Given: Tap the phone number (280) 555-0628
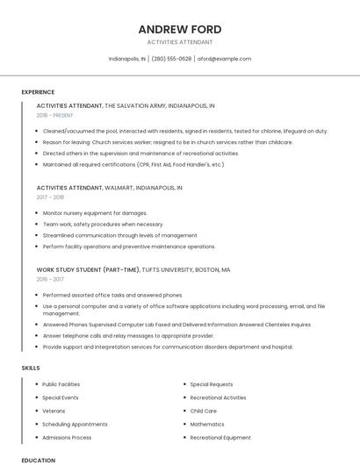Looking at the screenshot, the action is tap(171, 59).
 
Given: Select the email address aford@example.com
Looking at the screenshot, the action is tap(224, 59).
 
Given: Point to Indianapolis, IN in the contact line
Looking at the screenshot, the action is tap(127, 59).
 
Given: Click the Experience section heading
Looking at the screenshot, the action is tap(38, 92).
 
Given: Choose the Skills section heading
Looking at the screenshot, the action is tap(31, 368).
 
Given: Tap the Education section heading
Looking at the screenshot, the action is tap(38, 460).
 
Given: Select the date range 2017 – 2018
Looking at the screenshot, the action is tap(50, 197).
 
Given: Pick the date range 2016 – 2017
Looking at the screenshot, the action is tap(50, 279).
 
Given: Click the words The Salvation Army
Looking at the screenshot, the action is tap(133, 105).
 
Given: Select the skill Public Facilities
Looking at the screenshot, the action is tap(61, 384).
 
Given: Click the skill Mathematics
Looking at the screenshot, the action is tap(207, 424).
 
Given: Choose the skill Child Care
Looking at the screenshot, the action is tap(203, 411).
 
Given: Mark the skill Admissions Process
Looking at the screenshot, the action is tap(67, 437).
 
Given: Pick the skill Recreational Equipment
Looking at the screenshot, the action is tap(220, 437).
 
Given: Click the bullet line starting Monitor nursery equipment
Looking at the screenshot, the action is tap(95, 212).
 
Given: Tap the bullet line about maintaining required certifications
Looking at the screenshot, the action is tap(133, 164).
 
